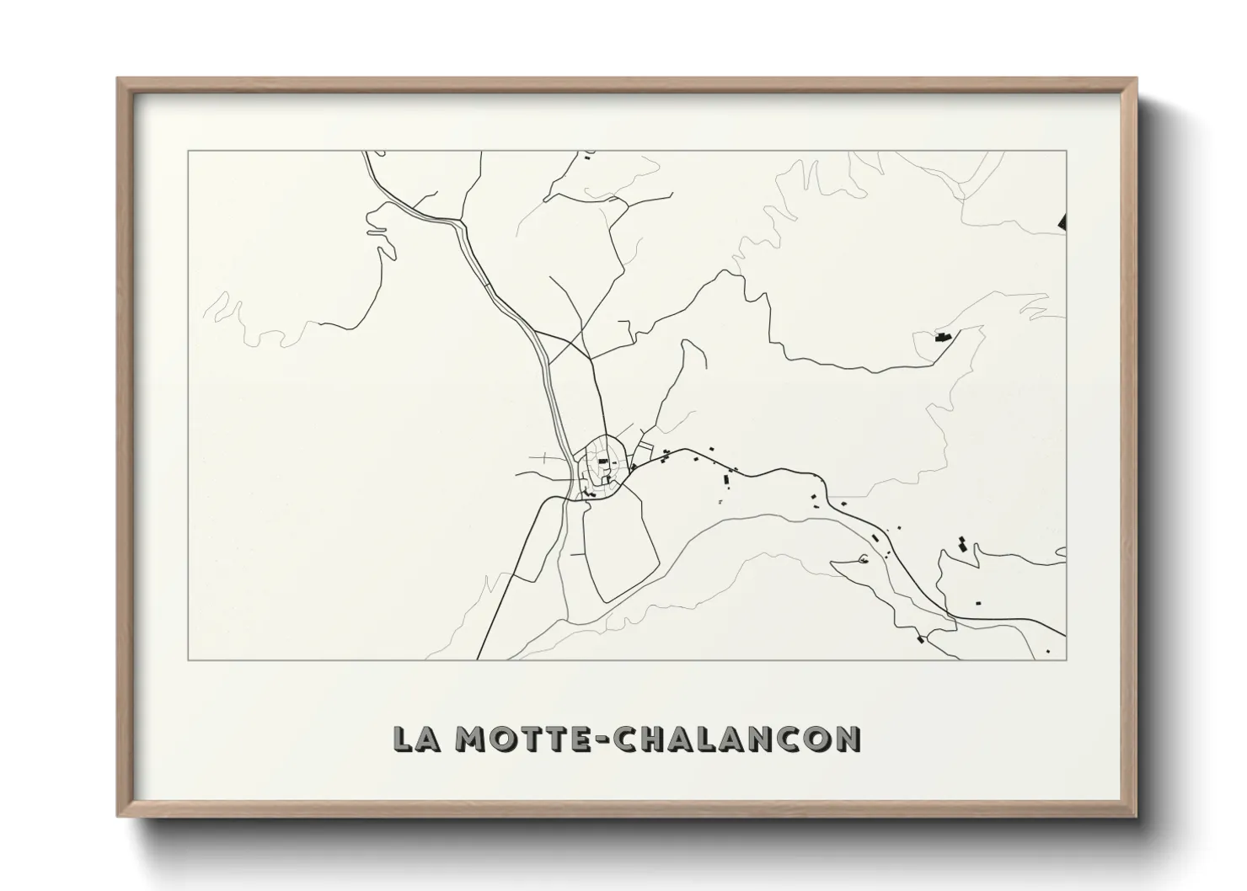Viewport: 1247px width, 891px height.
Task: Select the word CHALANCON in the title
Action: (736, 739)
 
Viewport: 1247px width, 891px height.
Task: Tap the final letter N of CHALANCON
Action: (845, 739)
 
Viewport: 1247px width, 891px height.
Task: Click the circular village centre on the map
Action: (602, 467)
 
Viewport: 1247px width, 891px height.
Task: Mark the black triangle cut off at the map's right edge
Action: (1062, 221)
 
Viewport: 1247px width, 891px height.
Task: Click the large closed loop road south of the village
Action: (620, 547)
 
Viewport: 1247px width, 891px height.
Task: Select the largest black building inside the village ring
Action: (602, 462)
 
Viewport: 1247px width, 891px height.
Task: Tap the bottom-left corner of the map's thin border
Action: (188, 660)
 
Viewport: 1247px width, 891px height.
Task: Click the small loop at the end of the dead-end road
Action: (862, 559)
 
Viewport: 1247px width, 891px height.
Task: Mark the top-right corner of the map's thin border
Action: (1067, 151)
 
